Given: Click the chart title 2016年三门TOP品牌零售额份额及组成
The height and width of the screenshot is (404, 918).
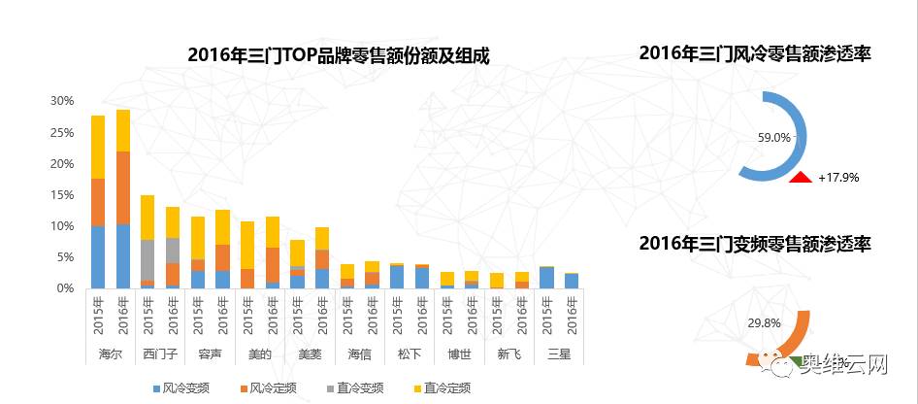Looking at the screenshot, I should coord(339,56).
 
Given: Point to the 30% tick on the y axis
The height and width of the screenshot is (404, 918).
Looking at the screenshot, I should coord(62,101).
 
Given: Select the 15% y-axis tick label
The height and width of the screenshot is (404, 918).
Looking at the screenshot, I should coord(62,195).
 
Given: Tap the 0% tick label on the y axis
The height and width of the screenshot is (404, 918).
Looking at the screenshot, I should coord(65,288).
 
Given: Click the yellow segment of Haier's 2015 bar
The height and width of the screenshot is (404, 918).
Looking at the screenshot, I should coord(98,147).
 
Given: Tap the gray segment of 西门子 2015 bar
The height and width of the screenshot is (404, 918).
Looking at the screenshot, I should coord(148,259).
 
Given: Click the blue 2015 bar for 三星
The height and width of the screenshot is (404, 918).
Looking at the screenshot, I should coord(546,278).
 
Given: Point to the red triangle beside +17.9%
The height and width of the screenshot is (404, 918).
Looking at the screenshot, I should coord(801,177).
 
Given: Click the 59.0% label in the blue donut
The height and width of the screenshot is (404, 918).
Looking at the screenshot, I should coord(774,138).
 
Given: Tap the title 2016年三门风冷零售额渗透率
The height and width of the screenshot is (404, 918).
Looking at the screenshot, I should coord(755,54).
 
